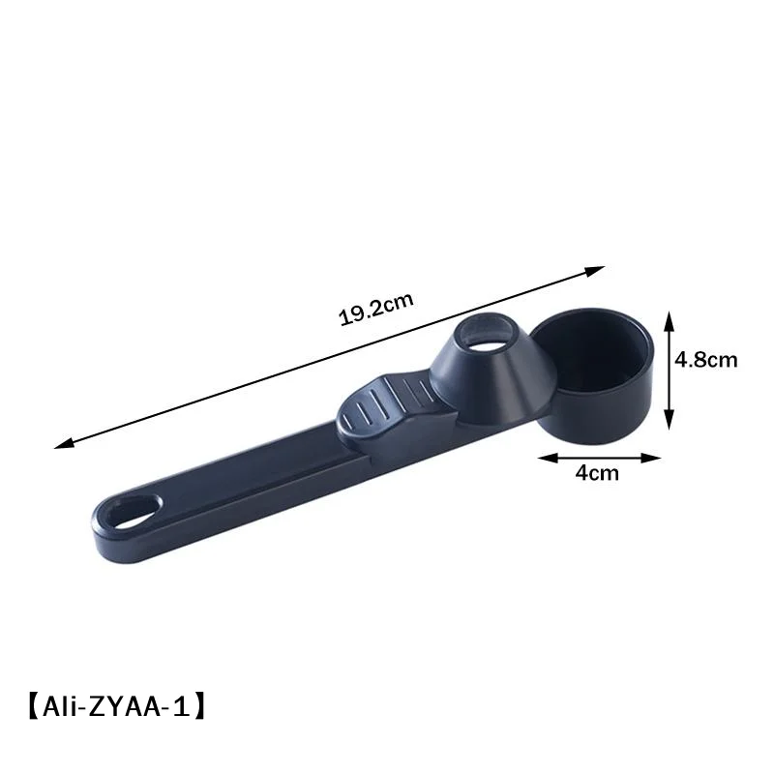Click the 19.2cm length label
pyautogui.click(x=375, y=309)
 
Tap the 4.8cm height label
pyautogui.click(x=706, y=359)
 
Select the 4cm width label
pyautogui.click(x=597, y=473)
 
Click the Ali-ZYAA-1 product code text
pyautogui.click(x=116, y=707)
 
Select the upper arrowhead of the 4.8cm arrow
pyautogui.click(x=669, y=321)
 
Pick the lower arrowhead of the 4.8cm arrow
pyautogui.click(x=669, y=420)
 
